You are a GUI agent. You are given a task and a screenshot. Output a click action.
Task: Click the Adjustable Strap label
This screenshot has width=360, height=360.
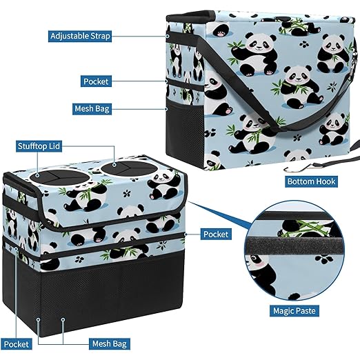(80, 36)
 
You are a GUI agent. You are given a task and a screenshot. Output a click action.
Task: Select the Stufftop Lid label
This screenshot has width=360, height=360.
(39, 146)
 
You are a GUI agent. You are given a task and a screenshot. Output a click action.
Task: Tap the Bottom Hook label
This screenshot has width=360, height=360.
(311, 181)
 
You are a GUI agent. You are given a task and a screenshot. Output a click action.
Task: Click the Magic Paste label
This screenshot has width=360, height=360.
(294, 311)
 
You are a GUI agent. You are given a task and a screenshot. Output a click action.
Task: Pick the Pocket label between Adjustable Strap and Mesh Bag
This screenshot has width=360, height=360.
(96, 81)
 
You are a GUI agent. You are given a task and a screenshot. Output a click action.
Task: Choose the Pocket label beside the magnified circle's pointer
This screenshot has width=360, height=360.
(216, 234)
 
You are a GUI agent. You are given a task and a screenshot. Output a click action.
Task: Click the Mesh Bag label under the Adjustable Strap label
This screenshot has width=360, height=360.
(92, 108)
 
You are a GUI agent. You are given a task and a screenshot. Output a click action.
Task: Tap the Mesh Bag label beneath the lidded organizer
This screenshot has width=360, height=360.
(110, 344)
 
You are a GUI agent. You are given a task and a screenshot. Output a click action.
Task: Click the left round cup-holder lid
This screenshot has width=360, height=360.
(59, 177)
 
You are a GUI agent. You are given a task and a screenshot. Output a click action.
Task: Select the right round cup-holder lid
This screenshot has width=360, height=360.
(129, 168)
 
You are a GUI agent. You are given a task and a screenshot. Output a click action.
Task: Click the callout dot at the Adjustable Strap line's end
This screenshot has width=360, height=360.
(168, 36)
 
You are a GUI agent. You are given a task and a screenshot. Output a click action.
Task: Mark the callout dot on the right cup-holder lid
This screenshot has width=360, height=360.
(114, 165)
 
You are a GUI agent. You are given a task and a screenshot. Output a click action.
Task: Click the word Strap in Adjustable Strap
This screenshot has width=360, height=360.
(100, 37)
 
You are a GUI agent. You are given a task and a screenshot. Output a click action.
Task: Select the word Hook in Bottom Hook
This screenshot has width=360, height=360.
(326, 181)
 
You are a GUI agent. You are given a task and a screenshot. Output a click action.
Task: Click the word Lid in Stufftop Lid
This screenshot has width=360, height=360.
(55, 146)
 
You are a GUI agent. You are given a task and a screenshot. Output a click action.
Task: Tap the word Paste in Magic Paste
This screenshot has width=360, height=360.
(306, 311)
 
